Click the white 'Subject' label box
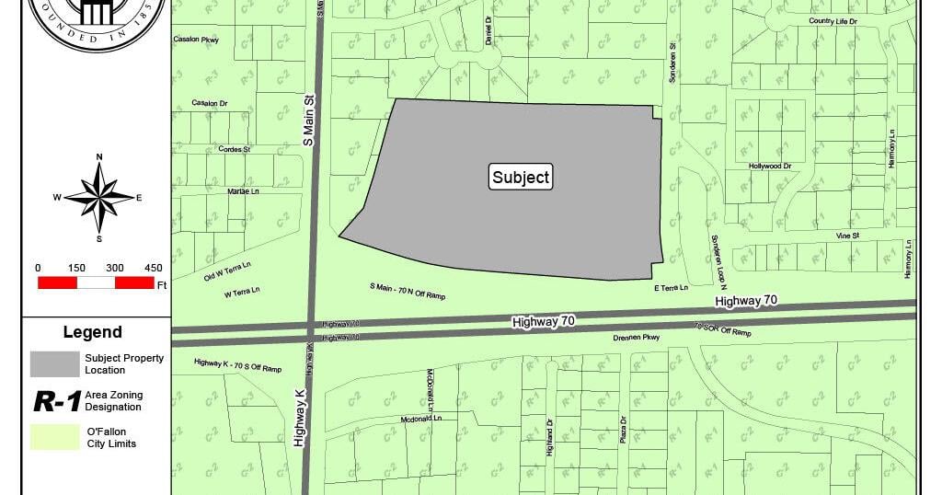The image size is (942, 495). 521,178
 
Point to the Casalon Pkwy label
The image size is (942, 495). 195,40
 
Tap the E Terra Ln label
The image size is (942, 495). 671,288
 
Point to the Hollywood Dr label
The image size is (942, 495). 770,167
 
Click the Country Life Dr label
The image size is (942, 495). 833,20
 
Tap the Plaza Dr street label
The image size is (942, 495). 623,432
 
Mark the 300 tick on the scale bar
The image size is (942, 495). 115,268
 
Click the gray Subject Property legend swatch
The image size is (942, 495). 54,363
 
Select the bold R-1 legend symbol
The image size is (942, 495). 55,401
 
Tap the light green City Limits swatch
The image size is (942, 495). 54,437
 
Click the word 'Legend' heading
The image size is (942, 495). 92,332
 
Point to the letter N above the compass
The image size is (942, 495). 99,156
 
